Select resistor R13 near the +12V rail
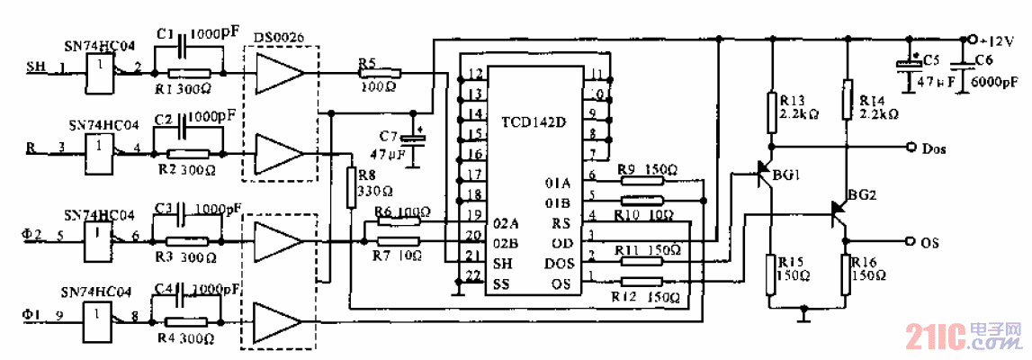click(x=771, y=110)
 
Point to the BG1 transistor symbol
click(x=765, y=173)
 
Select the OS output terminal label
click(x=931, y=242)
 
